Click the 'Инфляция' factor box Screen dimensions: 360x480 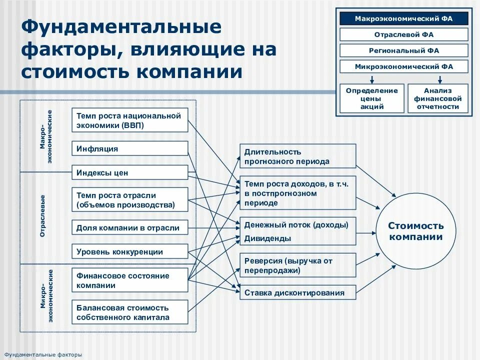click(130, 149)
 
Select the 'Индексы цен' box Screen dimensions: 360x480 click(130, 173)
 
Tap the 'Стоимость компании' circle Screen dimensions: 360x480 click(416, 231)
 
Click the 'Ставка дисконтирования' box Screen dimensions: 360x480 click(298, 293)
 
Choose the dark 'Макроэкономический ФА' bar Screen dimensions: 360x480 click(404, 19)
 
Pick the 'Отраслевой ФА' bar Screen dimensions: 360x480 click(404, 35)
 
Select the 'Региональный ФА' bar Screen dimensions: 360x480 click(404, 50)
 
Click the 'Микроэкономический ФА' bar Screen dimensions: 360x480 click(404, 66)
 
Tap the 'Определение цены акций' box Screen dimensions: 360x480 click(372, 98)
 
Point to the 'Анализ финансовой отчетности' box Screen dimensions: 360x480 click(438, 98)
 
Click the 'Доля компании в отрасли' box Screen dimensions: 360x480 click(130, 228)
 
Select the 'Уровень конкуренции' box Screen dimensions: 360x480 click(130, 252)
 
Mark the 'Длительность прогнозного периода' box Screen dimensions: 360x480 click(298, 156)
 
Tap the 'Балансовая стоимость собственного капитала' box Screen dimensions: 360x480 click(130, 312)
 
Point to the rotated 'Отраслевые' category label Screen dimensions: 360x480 click(43, 216)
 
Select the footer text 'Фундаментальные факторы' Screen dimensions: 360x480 click(43, 354)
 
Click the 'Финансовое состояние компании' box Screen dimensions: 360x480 click(130, 280)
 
